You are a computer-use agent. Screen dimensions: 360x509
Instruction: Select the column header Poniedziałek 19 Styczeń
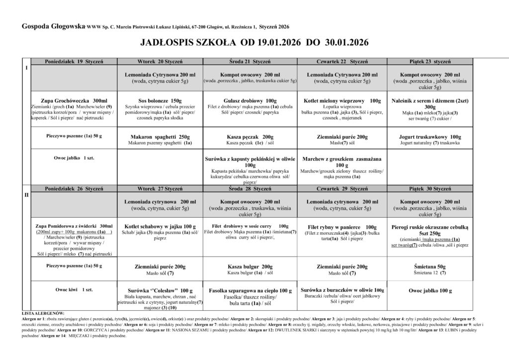click(73, 61)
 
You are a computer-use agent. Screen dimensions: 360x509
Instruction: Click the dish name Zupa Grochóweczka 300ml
click(73, 100)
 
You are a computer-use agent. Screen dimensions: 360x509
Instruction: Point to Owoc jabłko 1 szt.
click(74, 158)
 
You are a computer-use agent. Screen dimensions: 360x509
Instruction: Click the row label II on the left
click(26, 195)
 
